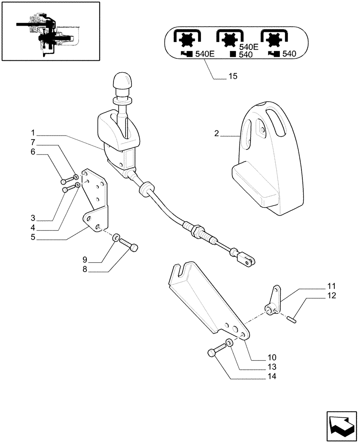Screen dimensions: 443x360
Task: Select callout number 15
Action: [233, 77]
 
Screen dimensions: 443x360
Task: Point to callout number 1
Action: [33, 132]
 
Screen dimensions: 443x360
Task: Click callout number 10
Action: [272, 357]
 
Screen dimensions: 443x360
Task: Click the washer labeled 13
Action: [228, 343]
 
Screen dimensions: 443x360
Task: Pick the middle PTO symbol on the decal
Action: [230, 39]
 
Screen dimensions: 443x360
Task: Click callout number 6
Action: [33, 152]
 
